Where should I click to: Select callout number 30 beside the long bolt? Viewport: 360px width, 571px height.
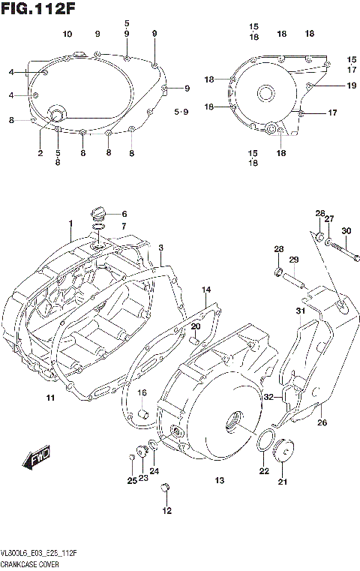346,230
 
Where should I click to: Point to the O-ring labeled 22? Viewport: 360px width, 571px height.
264,444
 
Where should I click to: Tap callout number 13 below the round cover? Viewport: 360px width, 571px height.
220,480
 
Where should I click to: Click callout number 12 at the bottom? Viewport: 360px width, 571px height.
166,511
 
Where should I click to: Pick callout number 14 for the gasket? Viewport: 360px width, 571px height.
206,289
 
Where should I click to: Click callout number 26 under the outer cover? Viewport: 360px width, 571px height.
322,422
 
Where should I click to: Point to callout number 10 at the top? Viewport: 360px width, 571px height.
67,35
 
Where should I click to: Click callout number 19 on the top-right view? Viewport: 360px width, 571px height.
351,86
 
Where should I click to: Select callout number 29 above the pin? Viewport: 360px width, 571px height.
294,260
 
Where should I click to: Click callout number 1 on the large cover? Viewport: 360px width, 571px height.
70,224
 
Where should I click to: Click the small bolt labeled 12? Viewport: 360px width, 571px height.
167,489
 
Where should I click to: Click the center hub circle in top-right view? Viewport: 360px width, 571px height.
266,94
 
